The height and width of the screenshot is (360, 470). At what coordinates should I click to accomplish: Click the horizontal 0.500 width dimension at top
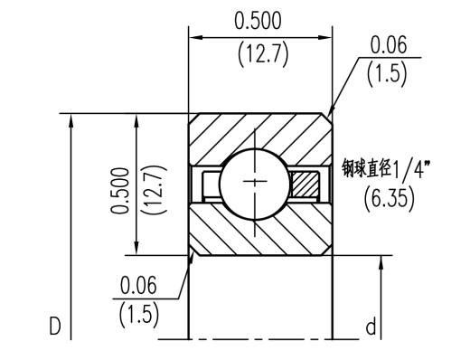coord(258,21)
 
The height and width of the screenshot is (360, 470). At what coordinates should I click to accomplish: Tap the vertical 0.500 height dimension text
coord(120,191)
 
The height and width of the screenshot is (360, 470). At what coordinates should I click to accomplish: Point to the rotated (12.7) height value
coord(155,190)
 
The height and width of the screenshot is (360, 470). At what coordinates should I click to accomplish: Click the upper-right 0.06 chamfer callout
coord(388,45)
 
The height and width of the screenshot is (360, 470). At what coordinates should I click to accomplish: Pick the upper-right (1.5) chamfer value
coord(387,73)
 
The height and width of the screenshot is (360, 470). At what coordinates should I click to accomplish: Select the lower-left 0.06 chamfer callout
coord(138,285)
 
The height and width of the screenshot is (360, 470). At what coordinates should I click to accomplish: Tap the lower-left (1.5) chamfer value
coord(139,315)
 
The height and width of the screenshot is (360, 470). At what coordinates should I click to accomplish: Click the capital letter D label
coord(55,326)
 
